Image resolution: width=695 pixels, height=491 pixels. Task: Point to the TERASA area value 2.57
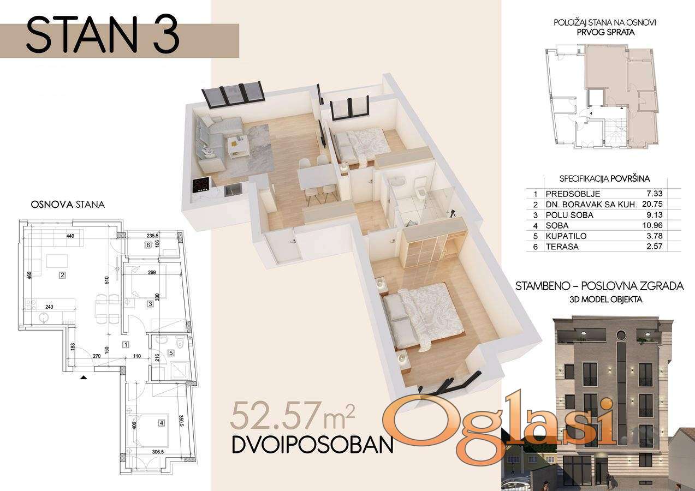(x=655, y=247)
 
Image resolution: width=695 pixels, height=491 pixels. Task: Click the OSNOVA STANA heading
(x=68, y=205)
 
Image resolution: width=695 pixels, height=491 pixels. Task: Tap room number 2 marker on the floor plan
(x=63, y=274)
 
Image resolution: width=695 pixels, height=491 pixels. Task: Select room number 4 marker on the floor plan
(x=161, y=422)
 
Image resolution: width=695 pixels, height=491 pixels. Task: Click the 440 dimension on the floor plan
(x=70, y=236)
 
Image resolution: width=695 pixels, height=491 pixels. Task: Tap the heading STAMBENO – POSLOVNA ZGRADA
(x=599, y=286)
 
